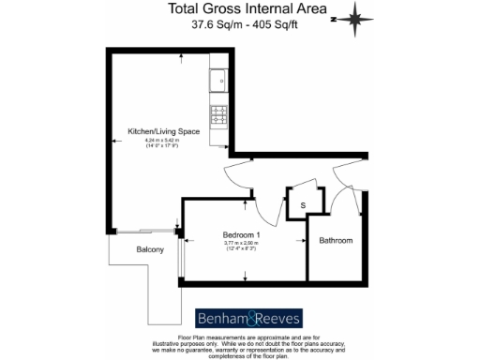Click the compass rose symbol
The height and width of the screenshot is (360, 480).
(x=356, y=17)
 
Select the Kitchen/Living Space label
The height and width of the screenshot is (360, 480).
(x=165, y=132)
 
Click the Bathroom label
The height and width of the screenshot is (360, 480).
(x=336, y=241)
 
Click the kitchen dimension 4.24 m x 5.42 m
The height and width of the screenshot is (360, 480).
(x=165, y=141)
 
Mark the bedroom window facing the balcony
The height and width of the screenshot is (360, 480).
(x=182, y=253)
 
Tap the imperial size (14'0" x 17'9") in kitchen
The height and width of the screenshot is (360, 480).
(x=165, y=147)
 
